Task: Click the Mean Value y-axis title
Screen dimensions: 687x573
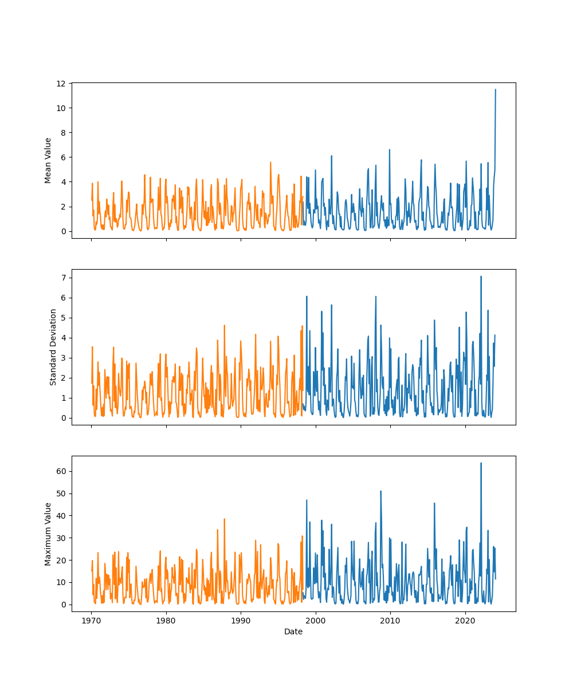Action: point(48,160)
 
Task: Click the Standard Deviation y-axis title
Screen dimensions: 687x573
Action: point(53,347)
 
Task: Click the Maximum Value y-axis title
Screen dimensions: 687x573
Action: point(48,534)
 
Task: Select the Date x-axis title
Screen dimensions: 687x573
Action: point(293,631)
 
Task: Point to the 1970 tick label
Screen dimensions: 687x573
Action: point(91,621)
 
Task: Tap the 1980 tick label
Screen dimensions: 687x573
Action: point(166,621)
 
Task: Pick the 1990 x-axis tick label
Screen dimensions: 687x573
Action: point(241,621)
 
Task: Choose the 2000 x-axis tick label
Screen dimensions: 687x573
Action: point(316,621)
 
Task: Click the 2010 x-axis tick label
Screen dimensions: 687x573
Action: point(390,621)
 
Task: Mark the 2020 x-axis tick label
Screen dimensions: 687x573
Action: point(465,621)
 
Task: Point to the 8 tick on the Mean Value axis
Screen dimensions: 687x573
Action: point(63,133)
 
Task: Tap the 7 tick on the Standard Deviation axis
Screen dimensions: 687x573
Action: point(63,278)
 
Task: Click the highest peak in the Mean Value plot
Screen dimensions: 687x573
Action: point(496,89)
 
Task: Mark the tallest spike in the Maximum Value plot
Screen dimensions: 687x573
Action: point(481,463)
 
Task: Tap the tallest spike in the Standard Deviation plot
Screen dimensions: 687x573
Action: point(481,277)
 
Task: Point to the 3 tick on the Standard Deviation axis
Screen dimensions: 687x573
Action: point(63,358)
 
